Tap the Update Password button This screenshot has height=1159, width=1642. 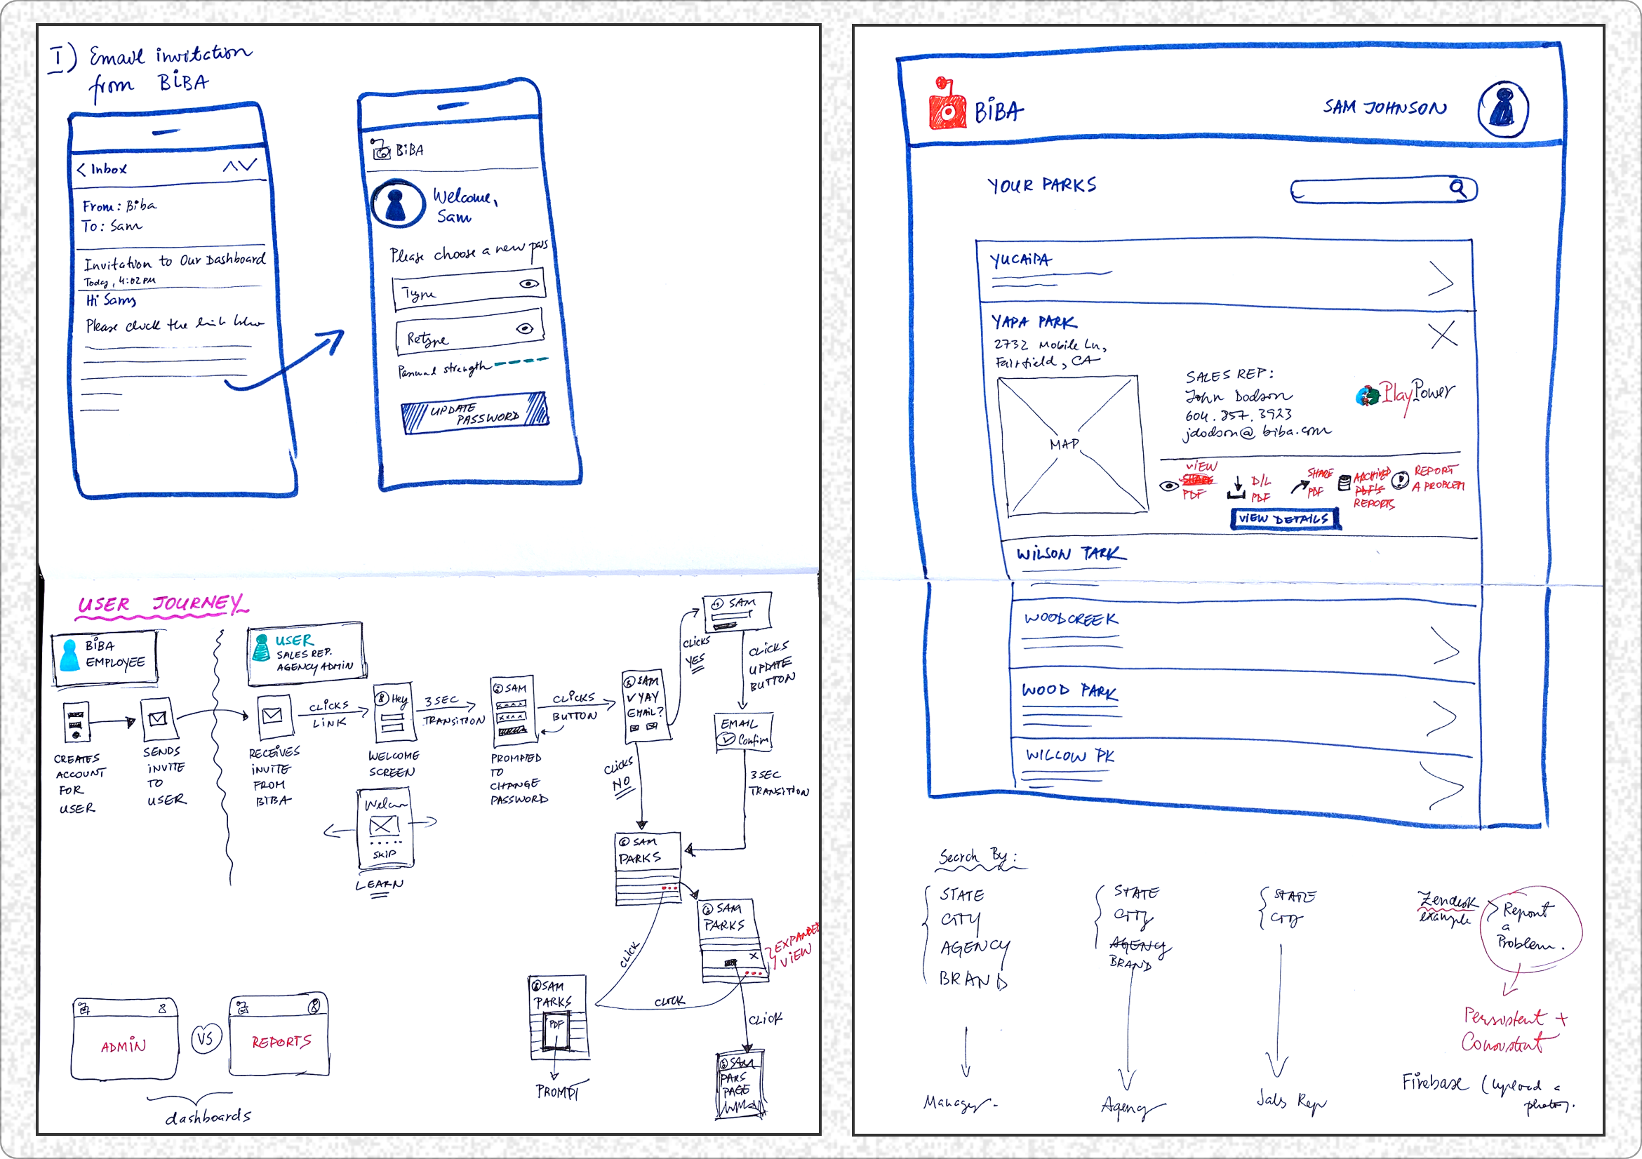(x=475, y=413)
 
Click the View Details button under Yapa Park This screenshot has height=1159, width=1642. (x=1284, y=518)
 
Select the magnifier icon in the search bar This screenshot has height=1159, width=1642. (x=1457, y=188)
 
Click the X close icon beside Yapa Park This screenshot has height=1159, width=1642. (x=1443, y=334)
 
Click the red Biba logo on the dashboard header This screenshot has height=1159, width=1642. (x=947, y=106)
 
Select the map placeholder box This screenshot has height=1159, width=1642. (x=1072, y=445)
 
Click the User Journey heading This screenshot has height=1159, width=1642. (x=161, y=605)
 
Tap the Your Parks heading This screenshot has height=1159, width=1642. (x=1041, y=185)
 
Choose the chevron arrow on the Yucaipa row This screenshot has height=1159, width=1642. (x=1441, y=278)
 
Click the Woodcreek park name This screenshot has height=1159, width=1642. (x=1070, y=619)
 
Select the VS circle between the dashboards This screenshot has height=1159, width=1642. (x=206, y=1038)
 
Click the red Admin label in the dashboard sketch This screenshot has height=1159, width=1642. (x=123, y=1046)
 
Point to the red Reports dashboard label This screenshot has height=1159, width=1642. (x=281, y=1042)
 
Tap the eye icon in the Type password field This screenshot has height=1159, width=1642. (x=528, y=284)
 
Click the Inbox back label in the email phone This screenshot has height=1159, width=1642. (x=102, y=170)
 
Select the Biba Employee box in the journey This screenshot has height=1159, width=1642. (x=105, y=657)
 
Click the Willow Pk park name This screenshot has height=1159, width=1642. (x=1069, y=755)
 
